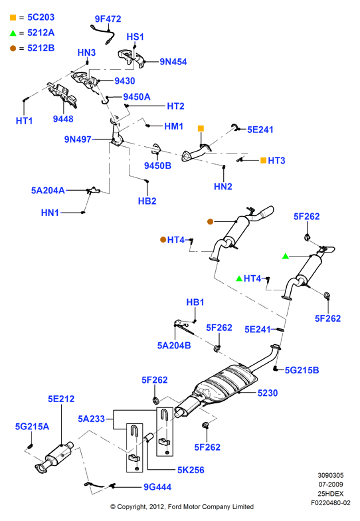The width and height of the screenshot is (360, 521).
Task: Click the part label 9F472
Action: pyautogui.click(x=108, y=19)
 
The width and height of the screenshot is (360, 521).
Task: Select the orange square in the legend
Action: pyautogui.click(x=13, y=17)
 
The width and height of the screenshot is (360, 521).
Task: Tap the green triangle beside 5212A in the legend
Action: pyautogui.click(x=13, y=33)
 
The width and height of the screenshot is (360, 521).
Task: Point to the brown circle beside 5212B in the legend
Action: pyautogui.click(x=13, y=49)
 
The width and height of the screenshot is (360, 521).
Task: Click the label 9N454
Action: pyautogui.click(x=173, y=62)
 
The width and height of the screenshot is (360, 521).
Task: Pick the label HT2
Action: pyautogui.click(x=175, y=106)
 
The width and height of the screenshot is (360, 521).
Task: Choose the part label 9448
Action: pyautogui.click(x=63, y=119)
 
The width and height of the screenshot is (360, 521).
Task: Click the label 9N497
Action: pyautogui.click(x=78, y=140)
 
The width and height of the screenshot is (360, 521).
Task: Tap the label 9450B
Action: pyautogui.click(x=157, y=165)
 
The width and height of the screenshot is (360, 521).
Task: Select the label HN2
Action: pyautogui.click(x=223, y=186)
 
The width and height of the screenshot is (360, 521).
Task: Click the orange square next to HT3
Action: pyautogui.click(x=263, y=161)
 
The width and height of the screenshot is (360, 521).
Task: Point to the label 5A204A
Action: pyautogui.click(x=48, y=190)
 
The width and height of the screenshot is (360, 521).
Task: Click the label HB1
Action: pyautogui.click(x=195, y=302)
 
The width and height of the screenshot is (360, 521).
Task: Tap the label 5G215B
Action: pyautogui.click(x=302, y=370)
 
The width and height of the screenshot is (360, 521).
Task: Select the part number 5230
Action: pyautogui.click(x=267, y=393)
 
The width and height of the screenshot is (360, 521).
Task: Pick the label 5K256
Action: pyautogui.click(x=191, y=470)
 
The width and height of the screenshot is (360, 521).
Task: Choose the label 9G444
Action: pyautogui.click(x=157, y=487)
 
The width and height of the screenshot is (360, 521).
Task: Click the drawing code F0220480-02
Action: pyautogui.click(x=331, y=502)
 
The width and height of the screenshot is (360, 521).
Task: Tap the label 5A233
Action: pyautogui.click(x=92, y=419)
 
